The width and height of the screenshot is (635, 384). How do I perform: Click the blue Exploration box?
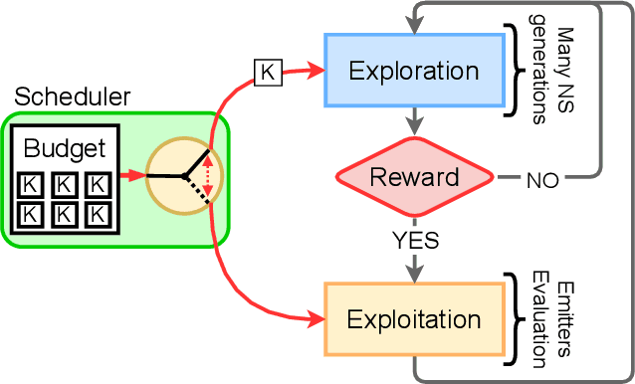(412, 72)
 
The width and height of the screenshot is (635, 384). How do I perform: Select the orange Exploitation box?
(412, 320)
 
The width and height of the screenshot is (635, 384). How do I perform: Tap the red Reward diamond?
(413, 177)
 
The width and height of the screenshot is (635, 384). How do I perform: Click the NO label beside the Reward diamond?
(541, 181)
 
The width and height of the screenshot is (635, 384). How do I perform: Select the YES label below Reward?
(414, 240)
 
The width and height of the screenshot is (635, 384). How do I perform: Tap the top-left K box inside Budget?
(32, 185)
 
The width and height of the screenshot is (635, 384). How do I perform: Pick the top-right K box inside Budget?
(96, 185)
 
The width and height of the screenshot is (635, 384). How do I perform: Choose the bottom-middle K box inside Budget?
(64, 213)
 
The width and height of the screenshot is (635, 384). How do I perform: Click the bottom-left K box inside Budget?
(32, 213)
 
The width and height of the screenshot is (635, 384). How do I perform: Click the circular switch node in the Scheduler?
(184, 176)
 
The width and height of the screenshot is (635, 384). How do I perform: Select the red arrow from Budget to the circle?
(133, 176)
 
